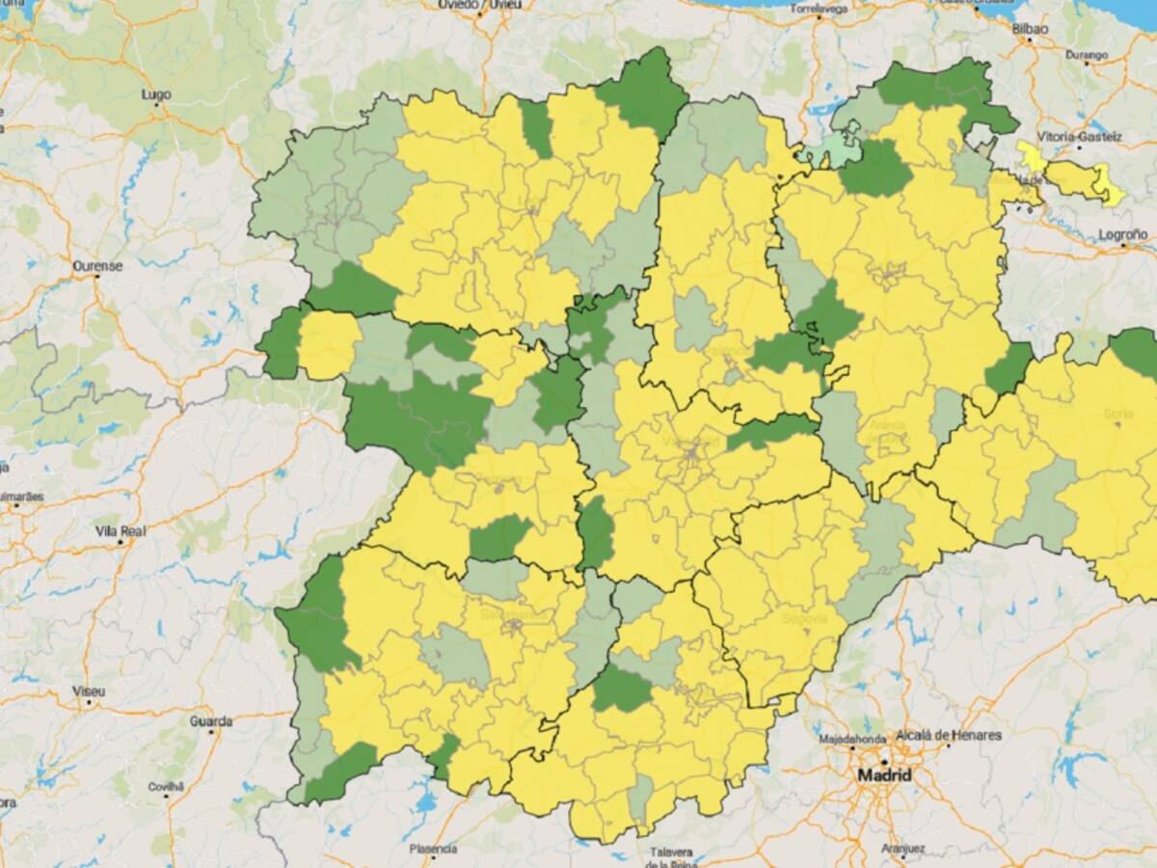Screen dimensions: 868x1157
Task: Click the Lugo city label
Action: click(155, 95)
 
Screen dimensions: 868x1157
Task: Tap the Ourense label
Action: click(97, 265)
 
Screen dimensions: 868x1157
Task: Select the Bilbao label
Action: click(1029, 29)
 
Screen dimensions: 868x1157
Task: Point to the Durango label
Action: click(1087, 55)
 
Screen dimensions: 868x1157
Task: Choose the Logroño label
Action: click(1123, 234)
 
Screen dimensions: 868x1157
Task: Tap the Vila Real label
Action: click(120, 530)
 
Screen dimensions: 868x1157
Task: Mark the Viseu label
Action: click(89, 692)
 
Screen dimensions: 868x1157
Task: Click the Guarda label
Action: click(210, 720)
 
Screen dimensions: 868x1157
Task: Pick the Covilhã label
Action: click(165, 786)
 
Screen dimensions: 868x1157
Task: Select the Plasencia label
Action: click(433, 849)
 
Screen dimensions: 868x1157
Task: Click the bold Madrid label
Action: click(884, 775)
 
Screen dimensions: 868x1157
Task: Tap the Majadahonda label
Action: click(851, 739)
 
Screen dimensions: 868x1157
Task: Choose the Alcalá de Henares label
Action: click(949, 735)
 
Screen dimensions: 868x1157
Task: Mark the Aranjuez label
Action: click(903, 850)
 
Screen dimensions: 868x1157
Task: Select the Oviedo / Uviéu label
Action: click(479, 5)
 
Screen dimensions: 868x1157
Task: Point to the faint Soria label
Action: click(1118, 414)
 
